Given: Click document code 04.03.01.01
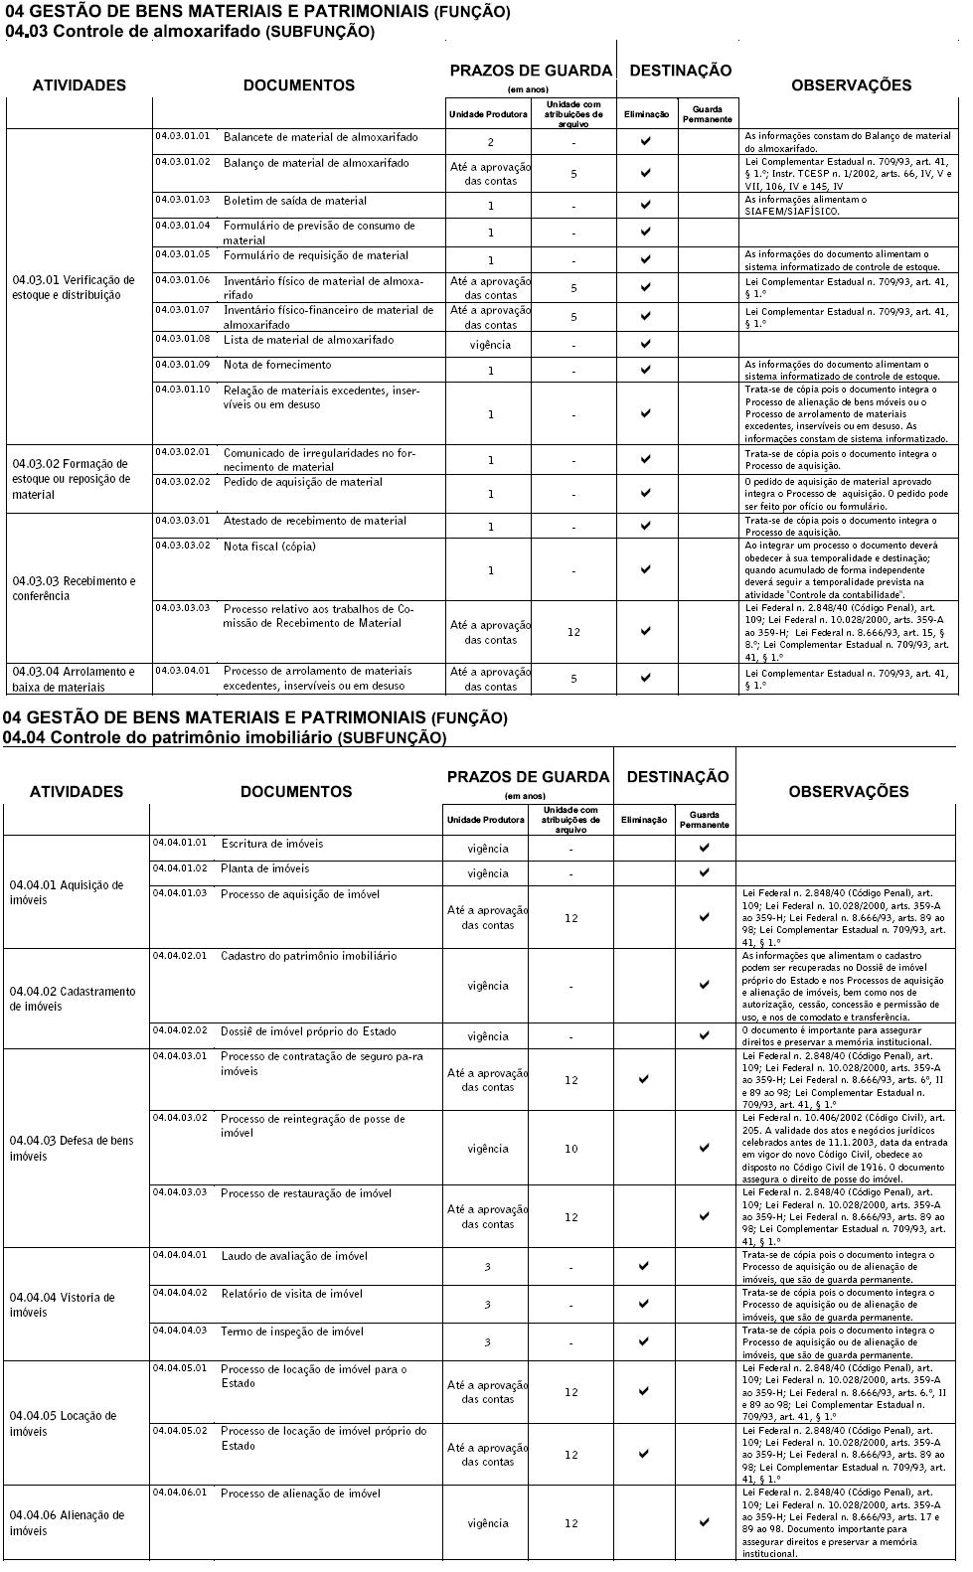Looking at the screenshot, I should click(x=182, y=135).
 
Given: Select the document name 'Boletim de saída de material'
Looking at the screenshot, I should click(x=294, y=201).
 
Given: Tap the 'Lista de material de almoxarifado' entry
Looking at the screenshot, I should click(x=308, y=340).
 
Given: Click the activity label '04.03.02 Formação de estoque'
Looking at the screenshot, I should click(x=71, y=478).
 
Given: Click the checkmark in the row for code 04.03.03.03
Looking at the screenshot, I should click(x=645, y=631).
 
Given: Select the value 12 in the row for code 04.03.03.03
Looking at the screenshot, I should click(x=573, y=632).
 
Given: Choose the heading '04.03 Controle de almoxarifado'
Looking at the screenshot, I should click(x=189, y=32).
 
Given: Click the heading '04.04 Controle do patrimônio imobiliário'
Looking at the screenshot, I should click(x=225, y=737).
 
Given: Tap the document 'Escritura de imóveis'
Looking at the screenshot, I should click(x=271, y=844).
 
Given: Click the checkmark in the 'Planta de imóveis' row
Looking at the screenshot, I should click(x=705, y=872).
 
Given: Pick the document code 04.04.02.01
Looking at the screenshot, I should click(x=180, y=955).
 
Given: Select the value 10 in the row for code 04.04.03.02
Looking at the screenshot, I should click(x=571, y=1149).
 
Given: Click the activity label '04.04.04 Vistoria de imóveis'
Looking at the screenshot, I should click(x=62, y=1305).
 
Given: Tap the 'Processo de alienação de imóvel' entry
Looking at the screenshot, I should click(x=300, y=1493).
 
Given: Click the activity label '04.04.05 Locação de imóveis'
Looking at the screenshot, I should click(x=63, y=1423).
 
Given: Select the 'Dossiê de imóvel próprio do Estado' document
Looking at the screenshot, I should click(x=308, y=1030).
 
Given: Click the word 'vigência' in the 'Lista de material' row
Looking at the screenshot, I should click(x=490, y=345).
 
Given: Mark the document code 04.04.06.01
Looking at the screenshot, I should click(x=180, y=1493).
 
